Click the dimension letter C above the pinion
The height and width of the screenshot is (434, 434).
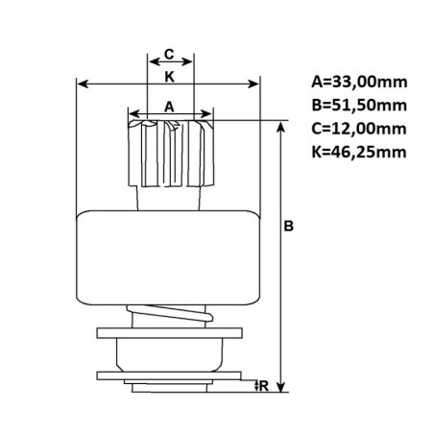[x=169, y=54]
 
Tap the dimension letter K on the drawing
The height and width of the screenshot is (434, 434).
[x=169, y=77]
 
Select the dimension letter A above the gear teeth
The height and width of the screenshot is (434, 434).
[x=169, y=107]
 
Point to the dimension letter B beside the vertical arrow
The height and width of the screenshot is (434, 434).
[x=289, y=226]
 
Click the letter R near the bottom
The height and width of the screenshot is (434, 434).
[x=264, y=386]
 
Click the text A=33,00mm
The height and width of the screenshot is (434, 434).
[x=359, y=82]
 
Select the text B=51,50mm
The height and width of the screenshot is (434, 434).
[x=359, y=105]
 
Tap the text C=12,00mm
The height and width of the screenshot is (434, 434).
[x=359, y=129]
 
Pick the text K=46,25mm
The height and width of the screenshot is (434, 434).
[x=359, y=152]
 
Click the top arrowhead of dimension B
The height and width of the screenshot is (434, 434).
[x=280, y=127]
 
